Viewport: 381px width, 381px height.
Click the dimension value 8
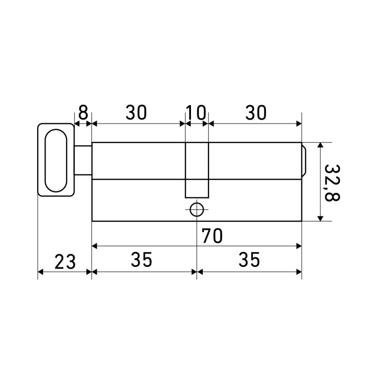click(x=83, y=112)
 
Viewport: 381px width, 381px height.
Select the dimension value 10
click(x=196, y=113)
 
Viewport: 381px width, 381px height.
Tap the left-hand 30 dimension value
click(x=136, y=113)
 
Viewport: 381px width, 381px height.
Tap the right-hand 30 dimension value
click(x=256, y=113)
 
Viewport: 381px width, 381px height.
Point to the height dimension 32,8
click(x=332, y=183)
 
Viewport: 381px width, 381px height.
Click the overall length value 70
click(x=212, y=236)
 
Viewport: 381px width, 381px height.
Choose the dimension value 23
click(x=65, y=262)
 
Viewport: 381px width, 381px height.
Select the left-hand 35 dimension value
click(x=141, y=259)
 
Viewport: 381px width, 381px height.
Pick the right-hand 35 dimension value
click(x=250, y=259)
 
